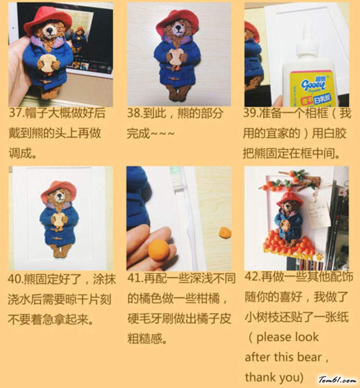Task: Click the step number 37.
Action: (x=16, y=113)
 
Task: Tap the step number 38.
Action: (x=135, y=113)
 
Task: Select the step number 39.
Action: (x=251, y=113)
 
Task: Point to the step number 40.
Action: (x=15, y=279)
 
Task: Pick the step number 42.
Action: (x=252, y=277)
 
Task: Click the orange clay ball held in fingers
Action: (x=158, y=250)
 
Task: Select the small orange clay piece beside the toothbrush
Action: (x=225, y=233)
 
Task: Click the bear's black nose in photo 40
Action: (x=60, y=195)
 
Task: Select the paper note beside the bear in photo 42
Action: (x=319, y=214)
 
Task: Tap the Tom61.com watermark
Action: (x=337, y=380)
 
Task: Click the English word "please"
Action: (x=271, y=338)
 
